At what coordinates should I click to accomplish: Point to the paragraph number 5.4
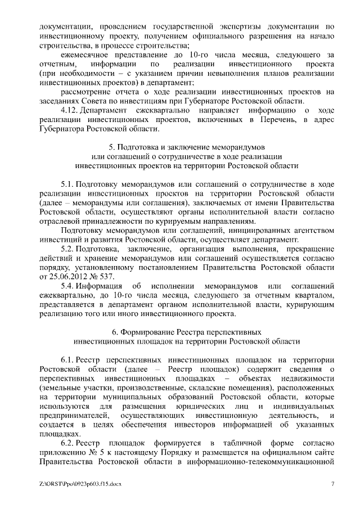point(67,286)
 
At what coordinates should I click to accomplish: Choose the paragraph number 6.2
point(67,444)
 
